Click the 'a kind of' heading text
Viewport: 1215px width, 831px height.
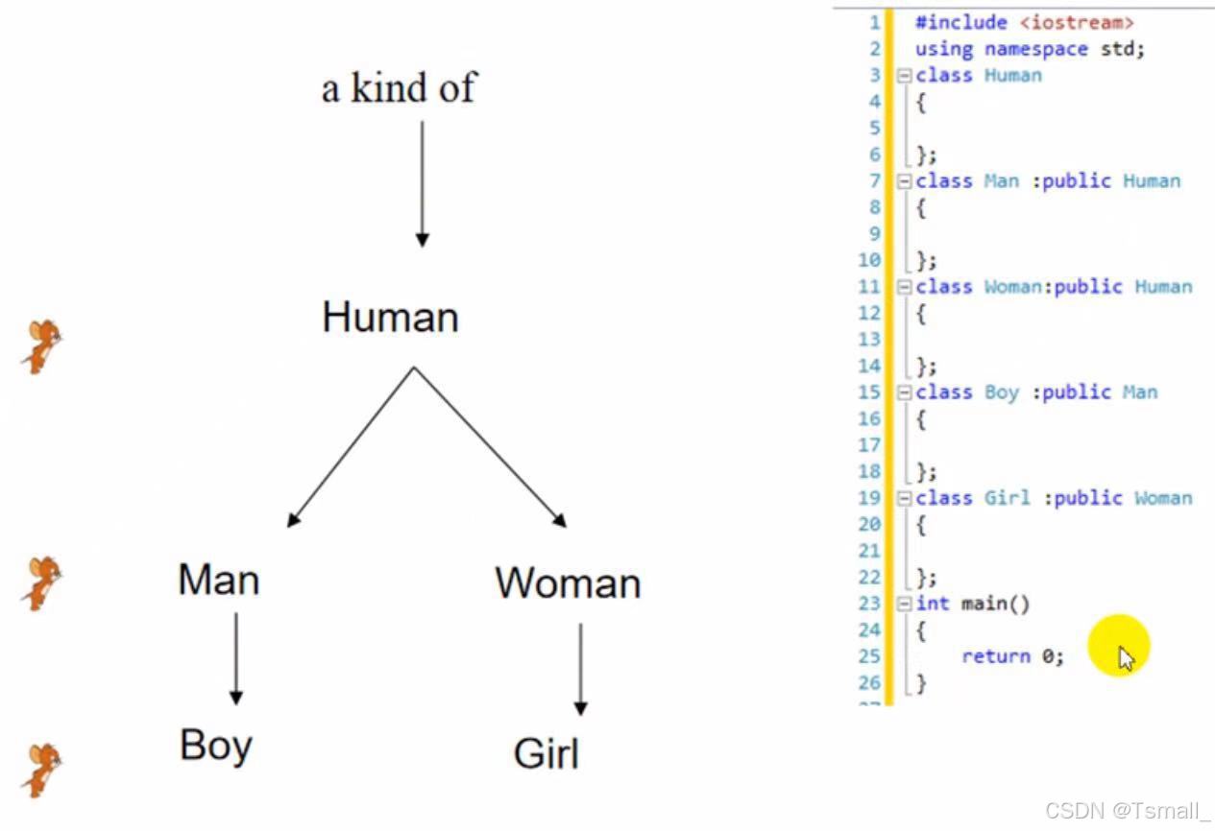tap(399, 88)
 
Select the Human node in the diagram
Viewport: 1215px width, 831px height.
tap(390, 317)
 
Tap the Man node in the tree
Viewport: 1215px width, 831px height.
tap(218, 580)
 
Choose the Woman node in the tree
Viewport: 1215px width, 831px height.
tap(568, 582)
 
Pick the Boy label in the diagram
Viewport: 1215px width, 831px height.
tap(215, 746)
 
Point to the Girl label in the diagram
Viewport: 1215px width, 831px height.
tap(547, 753)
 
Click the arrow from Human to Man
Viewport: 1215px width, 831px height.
tap(351, 447)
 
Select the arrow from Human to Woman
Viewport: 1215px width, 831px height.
tap(490, 447)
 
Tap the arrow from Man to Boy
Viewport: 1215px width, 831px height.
tap(235, 659)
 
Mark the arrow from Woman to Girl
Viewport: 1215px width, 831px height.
tap(580, 669)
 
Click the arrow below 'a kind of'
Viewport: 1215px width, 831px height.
tap(422, 182)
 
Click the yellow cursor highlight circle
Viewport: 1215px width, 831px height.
tap(1119, 646)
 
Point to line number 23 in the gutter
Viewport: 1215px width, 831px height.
tap(869, 604)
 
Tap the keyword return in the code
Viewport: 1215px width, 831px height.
tap(995, 656)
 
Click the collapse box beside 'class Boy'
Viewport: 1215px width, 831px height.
tap(904, 392)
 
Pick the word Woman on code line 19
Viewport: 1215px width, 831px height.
tap(1163, 498)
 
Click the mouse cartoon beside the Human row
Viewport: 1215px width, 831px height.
tap(41, 345)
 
